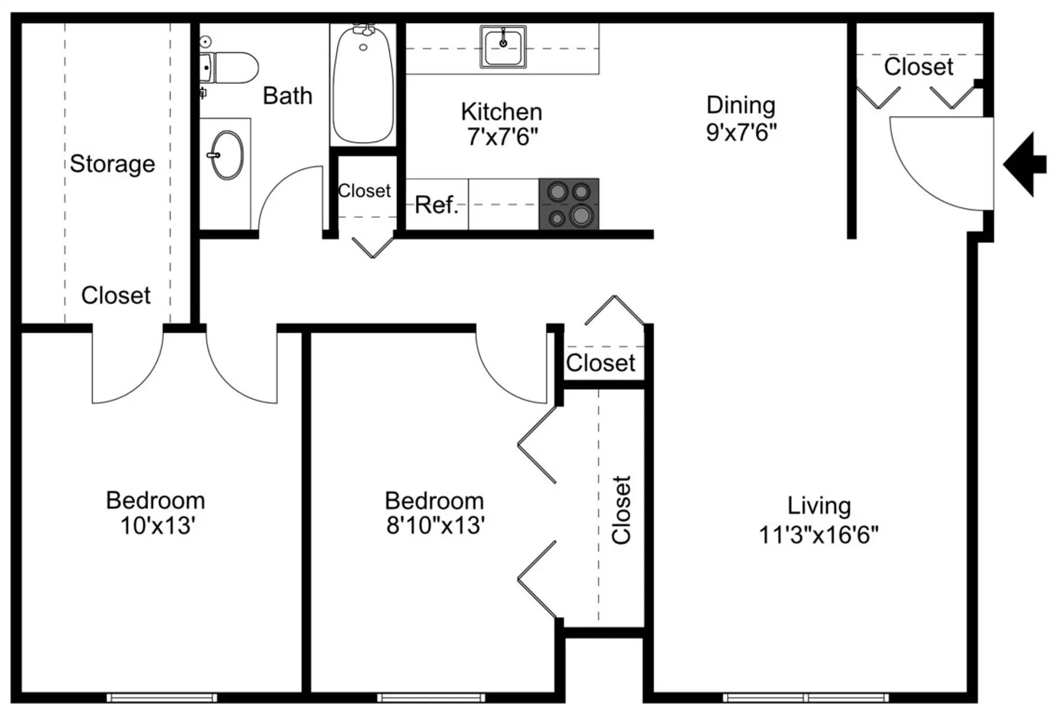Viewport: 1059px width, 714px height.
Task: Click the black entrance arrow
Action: pyautogui.click(x=1025, y=165)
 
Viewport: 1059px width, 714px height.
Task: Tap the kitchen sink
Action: pyautogui.click(x=503, y=47)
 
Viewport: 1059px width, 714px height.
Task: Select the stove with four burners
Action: pyautogui.click(x=569, y=203)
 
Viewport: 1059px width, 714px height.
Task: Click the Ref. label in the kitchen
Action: pyautogui.click(x=437, y=205)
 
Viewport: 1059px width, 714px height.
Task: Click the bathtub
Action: pyautogui.click(x=363, y=83)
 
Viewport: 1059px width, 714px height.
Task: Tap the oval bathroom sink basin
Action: pyautogui.click(x=228, y=155)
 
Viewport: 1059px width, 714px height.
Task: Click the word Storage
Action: pyautogui.click(x=112, y=164)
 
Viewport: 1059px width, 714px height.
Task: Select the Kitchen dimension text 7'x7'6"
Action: pyautogui.click(x=502, y=137)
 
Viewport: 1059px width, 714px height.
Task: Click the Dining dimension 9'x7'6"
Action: pyautogui.click(x=741, y=131)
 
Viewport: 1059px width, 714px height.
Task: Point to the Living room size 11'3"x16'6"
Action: pyautogui.click(x=819, y=534)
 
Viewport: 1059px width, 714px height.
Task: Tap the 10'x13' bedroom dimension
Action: pyautogui.click(x=158, y=526)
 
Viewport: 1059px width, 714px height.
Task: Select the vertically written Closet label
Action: pyautogui.click(x=621, y=510)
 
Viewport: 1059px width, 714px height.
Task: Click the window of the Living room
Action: pyautogui.click(x=806, y=697)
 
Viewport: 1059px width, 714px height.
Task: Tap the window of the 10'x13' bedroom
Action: pyautogui.click(x=162, y=697)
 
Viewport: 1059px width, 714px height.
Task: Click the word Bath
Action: pyautogui.click(x=288, y=96)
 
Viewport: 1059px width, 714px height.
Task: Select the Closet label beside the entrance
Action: pyautogui.click(x=919, y=67)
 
